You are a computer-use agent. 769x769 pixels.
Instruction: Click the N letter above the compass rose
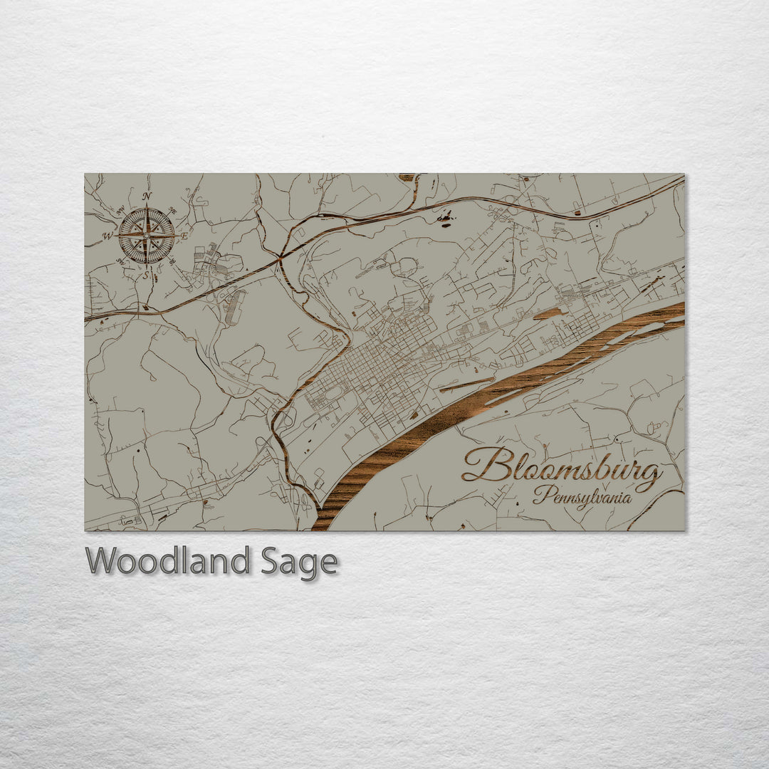tap(147, 196)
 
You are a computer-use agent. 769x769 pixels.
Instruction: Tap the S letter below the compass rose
tap(146, 274)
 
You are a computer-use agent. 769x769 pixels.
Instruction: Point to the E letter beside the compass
tap(184, 235)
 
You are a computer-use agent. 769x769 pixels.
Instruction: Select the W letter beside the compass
tap(108, 236)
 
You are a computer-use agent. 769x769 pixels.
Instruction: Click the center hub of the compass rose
tap(147, 235)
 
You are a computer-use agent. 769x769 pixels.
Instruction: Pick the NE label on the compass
tap(171, 209)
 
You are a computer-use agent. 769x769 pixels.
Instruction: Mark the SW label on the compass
tap(120, 261)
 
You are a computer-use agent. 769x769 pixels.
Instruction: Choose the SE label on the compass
tap(172, 262)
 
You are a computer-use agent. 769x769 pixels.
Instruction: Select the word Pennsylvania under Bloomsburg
tap(582, 496)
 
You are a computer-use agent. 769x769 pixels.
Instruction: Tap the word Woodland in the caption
tap(167, 561)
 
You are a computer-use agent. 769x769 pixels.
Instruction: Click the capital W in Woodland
tap(100, 561)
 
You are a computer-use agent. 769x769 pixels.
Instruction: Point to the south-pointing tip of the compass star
tap(147, 264)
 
